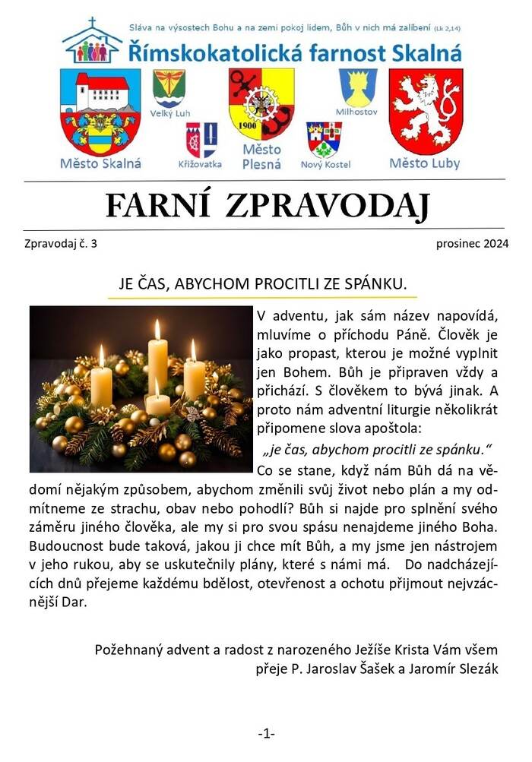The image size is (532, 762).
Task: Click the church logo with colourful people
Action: pos(93,41)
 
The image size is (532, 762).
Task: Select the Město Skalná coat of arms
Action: pos(100,112)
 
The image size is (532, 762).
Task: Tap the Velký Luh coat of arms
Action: pos(168,88)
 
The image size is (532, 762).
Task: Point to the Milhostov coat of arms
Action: pos(357,87)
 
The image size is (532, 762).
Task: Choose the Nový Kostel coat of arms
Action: pos(324,139)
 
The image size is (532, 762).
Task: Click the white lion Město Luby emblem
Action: pos(425,111)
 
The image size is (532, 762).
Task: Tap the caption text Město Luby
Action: pos(425,163)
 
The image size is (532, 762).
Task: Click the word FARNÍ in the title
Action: pos(157,205)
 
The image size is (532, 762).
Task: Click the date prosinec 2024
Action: pos(472,244)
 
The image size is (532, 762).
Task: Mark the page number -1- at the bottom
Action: pos(266,733)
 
